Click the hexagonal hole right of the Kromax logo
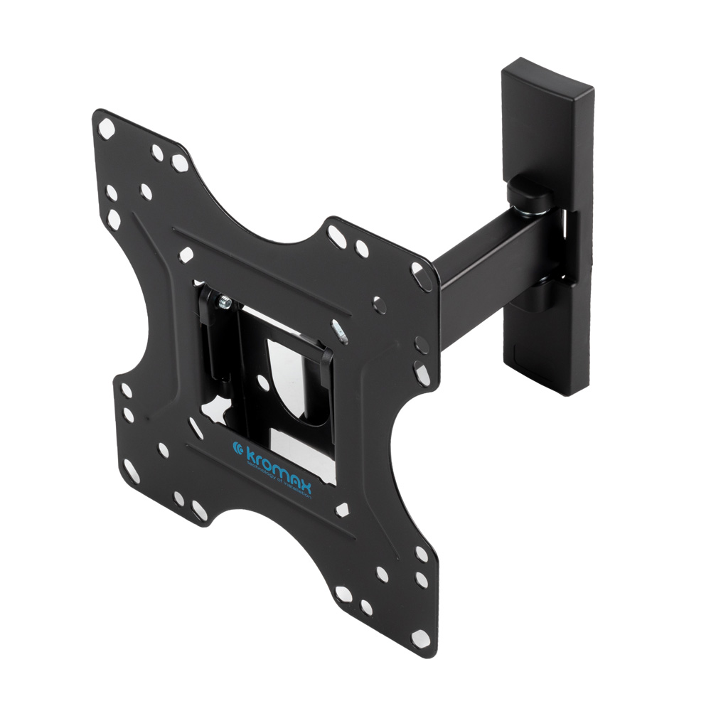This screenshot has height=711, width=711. [x=343, y=509]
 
